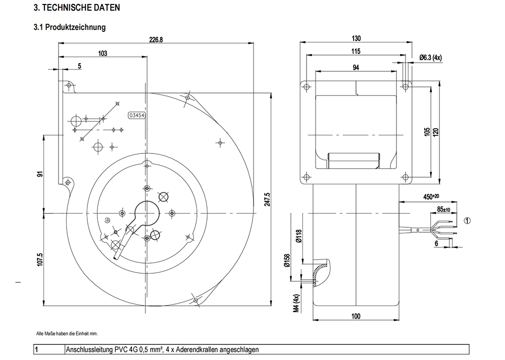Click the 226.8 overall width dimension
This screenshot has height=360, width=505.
coord(156,39)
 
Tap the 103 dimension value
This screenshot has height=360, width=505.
coord(103,54)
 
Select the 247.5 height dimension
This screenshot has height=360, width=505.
coord(267,199)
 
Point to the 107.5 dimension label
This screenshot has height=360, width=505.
coord(40,259)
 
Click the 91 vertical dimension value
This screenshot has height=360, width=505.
coord(40,174)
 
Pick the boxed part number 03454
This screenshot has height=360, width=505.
coord(137,115)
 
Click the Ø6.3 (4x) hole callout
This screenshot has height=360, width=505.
coord(431,58)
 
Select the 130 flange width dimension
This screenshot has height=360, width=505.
coord(356,39)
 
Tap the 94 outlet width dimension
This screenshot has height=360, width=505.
coord(356,68)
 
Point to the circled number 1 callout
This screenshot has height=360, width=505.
coord(467,221)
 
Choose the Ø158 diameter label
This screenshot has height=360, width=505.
coord(287,261)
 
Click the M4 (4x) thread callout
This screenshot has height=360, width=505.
coord(296,303)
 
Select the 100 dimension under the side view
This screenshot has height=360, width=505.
coord(356,316)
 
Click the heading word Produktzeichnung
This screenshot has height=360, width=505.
coord(75,27)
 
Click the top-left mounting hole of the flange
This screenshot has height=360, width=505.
coord(307,87)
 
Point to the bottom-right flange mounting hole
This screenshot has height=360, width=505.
coord(405,177)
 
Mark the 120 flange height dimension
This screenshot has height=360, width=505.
coord(436,132)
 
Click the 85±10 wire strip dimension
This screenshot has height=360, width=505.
coord(443,210)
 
